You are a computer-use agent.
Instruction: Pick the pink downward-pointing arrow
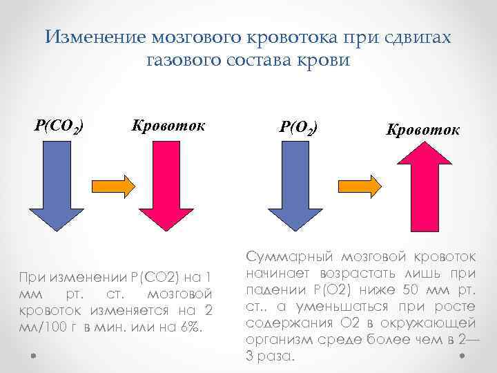pos(168,186)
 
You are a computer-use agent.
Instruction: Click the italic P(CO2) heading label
pos(60,126)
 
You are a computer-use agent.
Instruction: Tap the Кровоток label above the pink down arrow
pos(169,126)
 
